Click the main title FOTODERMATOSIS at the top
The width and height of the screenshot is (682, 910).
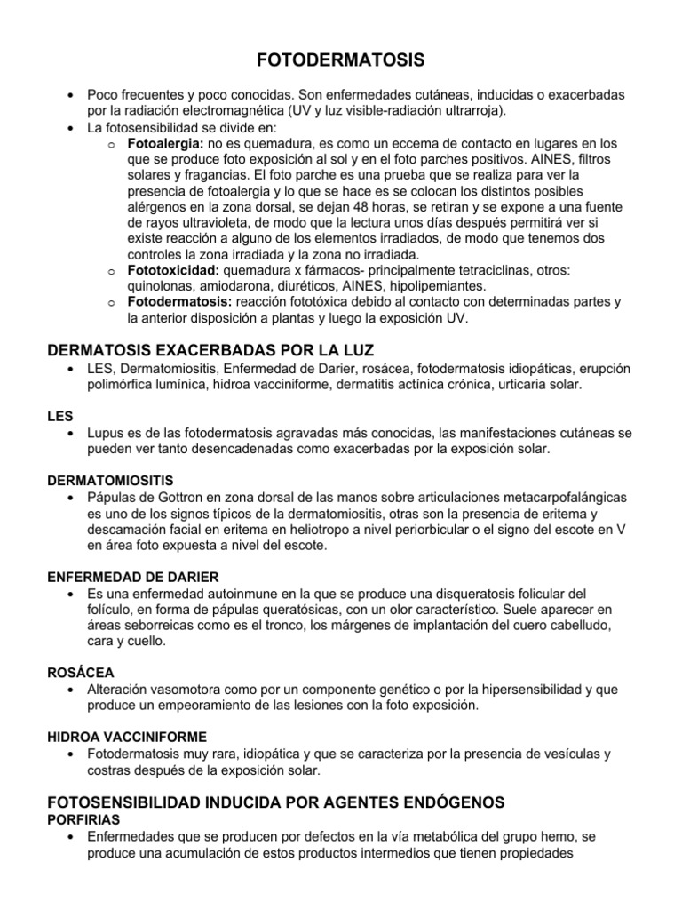(341, 60)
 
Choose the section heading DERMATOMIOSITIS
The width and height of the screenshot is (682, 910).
(110, 480)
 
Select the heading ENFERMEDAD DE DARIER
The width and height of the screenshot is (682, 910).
(132, 577)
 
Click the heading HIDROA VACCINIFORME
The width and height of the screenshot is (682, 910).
(127, 738)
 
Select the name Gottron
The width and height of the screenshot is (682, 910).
(184, 496)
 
